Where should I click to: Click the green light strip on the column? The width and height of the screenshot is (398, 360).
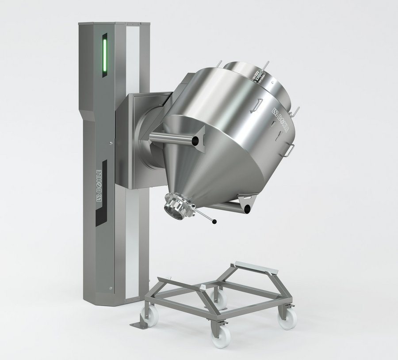click(104, 56)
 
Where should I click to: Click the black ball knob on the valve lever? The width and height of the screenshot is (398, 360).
click(215, 222)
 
